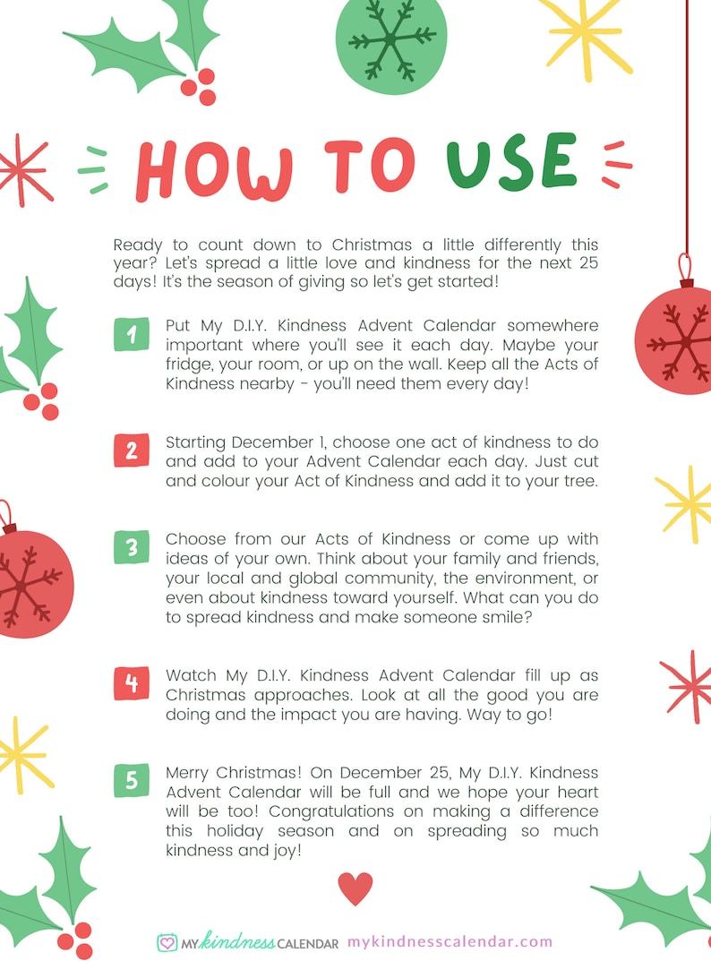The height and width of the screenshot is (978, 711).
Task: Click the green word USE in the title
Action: click(511, 163)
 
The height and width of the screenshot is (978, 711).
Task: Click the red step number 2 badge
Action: click(131, 450)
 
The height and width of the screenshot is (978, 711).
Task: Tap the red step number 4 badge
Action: click(131, 683)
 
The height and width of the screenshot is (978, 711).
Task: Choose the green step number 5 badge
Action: click(131, 782)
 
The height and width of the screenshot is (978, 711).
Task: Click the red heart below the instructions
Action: click(355, 888)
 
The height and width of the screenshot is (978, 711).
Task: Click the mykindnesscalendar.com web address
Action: click(450, 941)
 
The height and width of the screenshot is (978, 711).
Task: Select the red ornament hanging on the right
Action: click(678, 339)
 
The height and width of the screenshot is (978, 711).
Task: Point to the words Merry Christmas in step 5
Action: click(220, 773)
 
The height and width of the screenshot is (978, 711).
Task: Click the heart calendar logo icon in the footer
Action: click(167, 942)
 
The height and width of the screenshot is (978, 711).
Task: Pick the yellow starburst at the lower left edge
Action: click(22, 753)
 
